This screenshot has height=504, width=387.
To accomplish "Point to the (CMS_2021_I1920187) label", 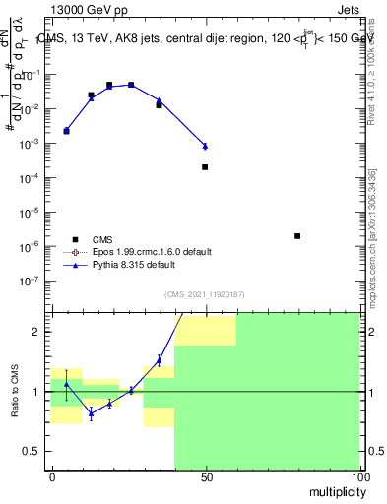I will (x=204, y=294).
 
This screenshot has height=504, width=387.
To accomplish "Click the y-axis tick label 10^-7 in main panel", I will (x=31, y=281).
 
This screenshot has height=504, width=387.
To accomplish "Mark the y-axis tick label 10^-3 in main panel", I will (x=31, y=144).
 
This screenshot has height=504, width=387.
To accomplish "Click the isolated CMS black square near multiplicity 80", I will (x=297, y=236).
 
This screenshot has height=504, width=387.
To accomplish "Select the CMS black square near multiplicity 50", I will (x=205, y=167).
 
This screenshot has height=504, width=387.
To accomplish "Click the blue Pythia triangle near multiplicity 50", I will (x=205, y=146).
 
